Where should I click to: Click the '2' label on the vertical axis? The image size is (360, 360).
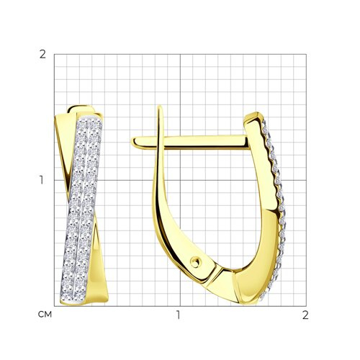[42, 55]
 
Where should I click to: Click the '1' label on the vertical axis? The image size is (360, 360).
[42, 180]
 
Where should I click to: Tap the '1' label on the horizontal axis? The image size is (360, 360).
[178, 315]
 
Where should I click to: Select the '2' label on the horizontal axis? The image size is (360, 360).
[305, 315]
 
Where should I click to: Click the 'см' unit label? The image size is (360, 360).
[45, 314]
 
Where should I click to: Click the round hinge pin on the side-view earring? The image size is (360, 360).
[195, 262]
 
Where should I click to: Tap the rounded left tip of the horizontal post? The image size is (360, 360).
[133, 142]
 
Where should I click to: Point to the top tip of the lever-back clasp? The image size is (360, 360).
[160, 107]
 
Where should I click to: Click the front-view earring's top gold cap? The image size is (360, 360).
[81, 109]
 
